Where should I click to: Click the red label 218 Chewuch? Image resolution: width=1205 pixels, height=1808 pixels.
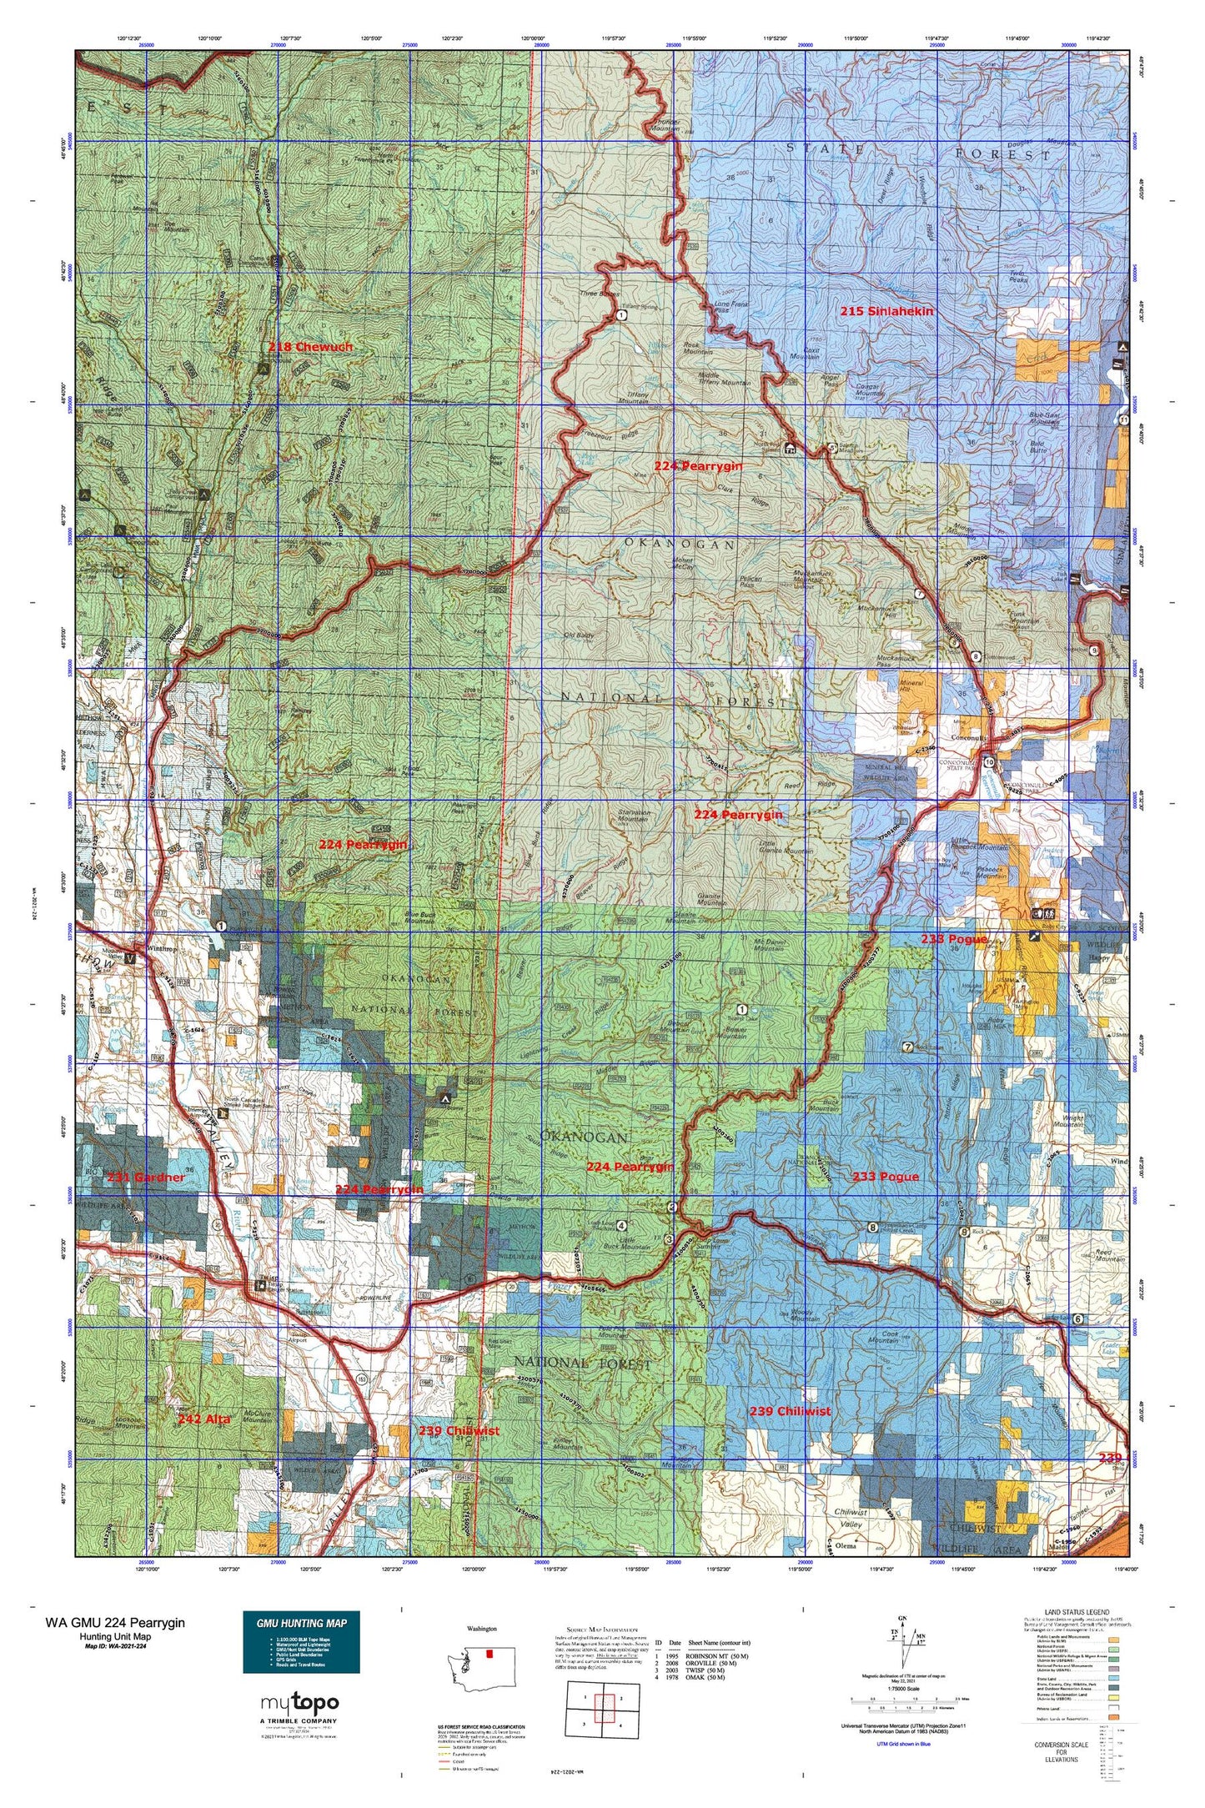click(310, 346)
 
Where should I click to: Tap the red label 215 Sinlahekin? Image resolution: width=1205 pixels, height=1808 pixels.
click(886, 310)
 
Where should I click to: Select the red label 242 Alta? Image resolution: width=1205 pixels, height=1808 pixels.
click(203, 1418)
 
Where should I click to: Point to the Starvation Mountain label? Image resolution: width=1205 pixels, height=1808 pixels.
click(632, 814)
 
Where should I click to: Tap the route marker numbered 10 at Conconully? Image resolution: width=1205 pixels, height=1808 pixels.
click(988, 762)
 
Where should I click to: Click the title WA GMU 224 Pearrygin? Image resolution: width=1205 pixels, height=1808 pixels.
click(115, 1622)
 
